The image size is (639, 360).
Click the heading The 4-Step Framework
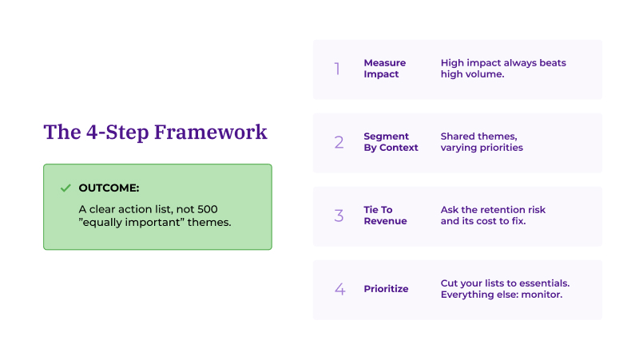(x=155, y=132)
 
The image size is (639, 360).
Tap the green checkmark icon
(x=65, y=188)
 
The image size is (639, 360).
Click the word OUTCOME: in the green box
(x=109, y=188)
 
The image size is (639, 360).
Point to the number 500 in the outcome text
(x=207, y=208)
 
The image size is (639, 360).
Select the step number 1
(x=337, y=69)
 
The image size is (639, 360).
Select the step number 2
(x=339, y=142)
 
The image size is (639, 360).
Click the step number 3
(x=339, y=216)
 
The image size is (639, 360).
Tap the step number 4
(x=339, y=289)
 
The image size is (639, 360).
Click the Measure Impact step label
(x=384, y=69)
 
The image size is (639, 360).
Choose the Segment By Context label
(x=391, y=142)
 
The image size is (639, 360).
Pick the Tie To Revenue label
(x=385, y=216)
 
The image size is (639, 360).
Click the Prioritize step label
(x=386, y=289)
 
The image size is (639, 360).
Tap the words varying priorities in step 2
(x=482, y=148)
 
